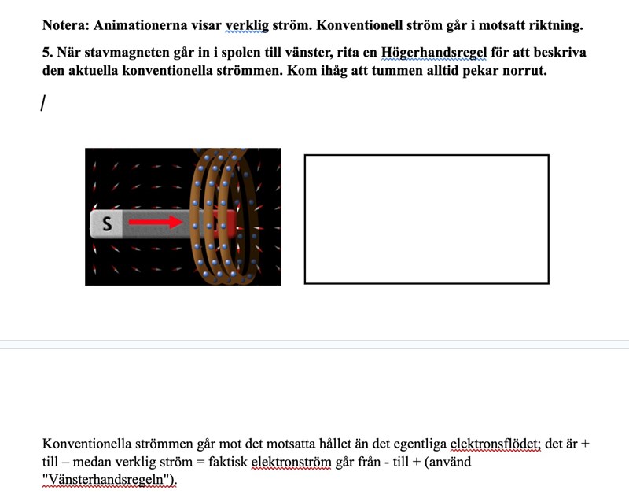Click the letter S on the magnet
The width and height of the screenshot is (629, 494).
tap(108, 225)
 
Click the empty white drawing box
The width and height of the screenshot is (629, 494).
tap(426, 219)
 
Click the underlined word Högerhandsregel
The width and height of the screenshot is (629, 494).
tap(433, 53)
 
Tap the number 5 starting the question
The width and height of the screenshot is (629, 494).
tap(46, 53)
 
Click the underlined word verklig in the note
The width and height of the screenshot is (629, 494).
tap(247, 25)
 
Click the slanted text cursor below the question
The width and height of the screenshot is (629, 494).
tap(44, 103)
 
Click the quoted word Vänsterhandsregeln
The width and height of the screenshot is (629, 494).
tap(109, 479)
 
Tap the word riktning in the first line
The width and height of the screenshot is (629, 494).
tap(555, 25)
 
